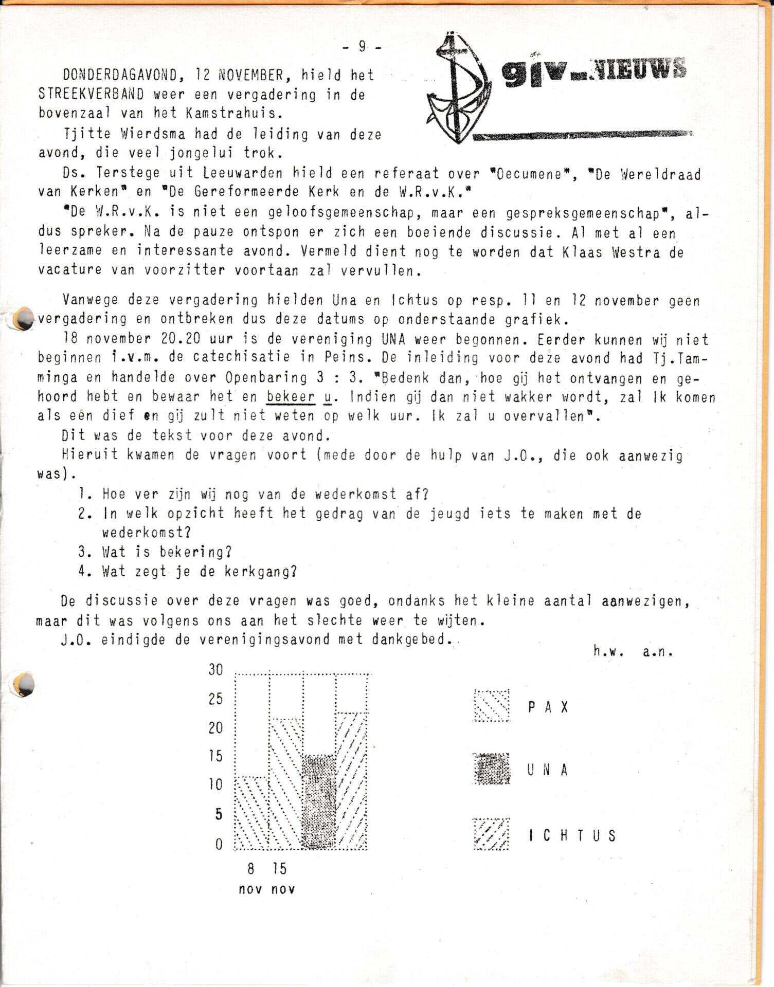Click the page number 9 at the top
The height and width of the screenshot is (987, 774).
(362, 47)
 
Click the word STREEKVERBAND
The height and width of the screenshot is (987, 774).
(91, 95)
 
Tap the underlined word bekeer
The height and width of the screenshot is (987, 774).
(291, 397)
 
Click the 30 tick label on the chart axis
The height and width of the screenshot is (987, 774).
(215, 670)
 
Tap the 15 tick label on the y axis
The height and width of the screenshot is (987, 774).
(215, 756)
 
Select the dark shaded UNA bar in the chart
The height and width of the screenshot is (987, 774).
(319, 802)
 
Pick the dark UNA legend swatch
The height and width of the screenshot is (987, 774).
(492, 769)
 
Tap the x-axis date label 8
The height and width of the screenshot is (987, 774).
(250, 869)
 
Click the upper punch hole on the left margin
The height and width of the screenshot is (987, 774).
(23, 319)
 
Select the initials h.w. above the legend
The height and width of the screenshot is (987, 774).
(608, 652)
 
